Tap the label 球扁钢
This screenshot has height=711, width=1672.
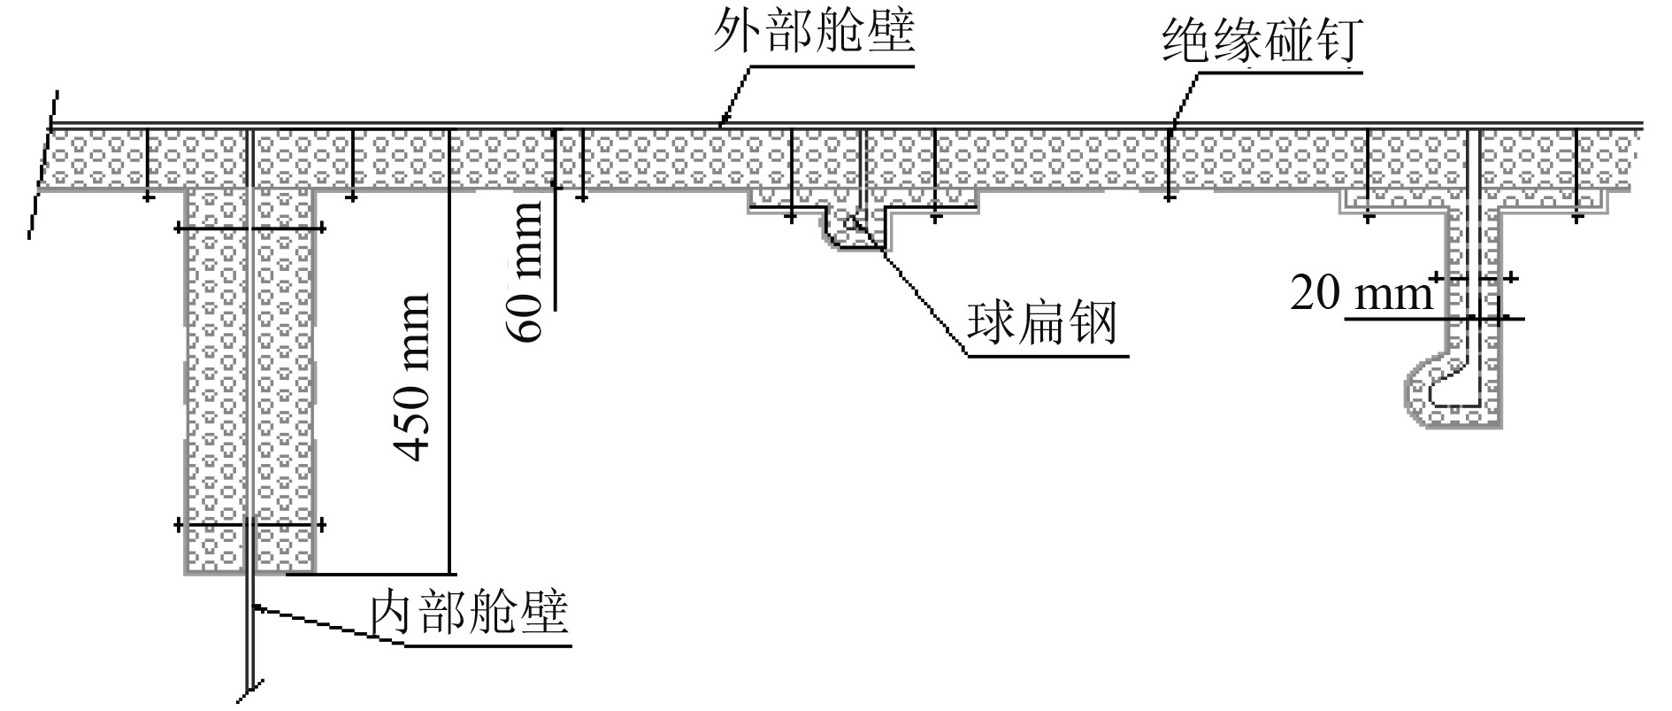click(1042, 324)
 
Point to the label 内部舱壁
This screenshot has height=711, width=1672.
click(469, 612)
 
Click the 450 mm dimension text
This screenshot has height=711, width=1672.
click(411, 376)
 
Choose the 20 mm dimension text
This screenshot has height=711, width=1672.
click(1361, 293)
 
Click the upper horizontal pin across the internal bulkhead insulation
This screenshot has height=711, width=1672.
click(250, 228)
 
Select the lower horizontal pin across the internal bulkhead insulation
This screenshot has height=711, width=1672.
click(250, 525)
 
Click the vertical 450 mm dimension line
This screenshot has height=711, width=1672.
click(449, 354)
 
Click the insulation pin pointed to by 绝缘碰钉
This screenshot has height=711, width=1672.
click(1170, 164)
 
